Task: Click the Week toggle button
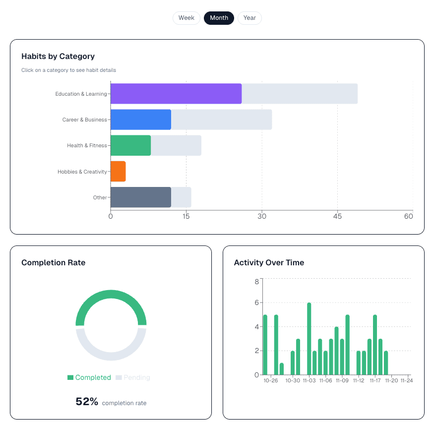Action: point(186,18)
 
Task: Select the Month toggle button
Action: point(219,18)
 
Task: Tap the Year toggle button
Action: point(249,18)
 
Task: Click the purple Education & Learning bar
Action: point(176,94)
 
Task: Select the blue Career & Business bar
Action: point(140,120)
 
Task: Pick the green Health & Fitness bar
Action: point(130,145)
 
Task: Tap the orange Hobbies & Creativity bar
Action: point(118,171)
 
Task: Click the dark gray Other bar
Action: point(140,197)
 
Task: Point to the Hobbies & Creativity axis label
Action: point(82,172)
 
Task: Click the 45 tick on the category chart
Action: point(337,216)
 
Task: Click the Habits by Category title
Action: point(58,56)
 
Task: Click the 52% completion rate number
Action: point(87,402)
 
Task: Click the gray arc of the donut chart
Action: point(111,356)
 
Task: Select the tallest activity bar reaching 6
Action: point(309,339)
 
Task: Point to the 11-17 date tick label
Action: point(375,381)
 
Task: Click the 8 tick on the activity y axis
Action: point(256,282)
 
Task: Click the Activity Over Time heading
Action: point(269,262)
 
